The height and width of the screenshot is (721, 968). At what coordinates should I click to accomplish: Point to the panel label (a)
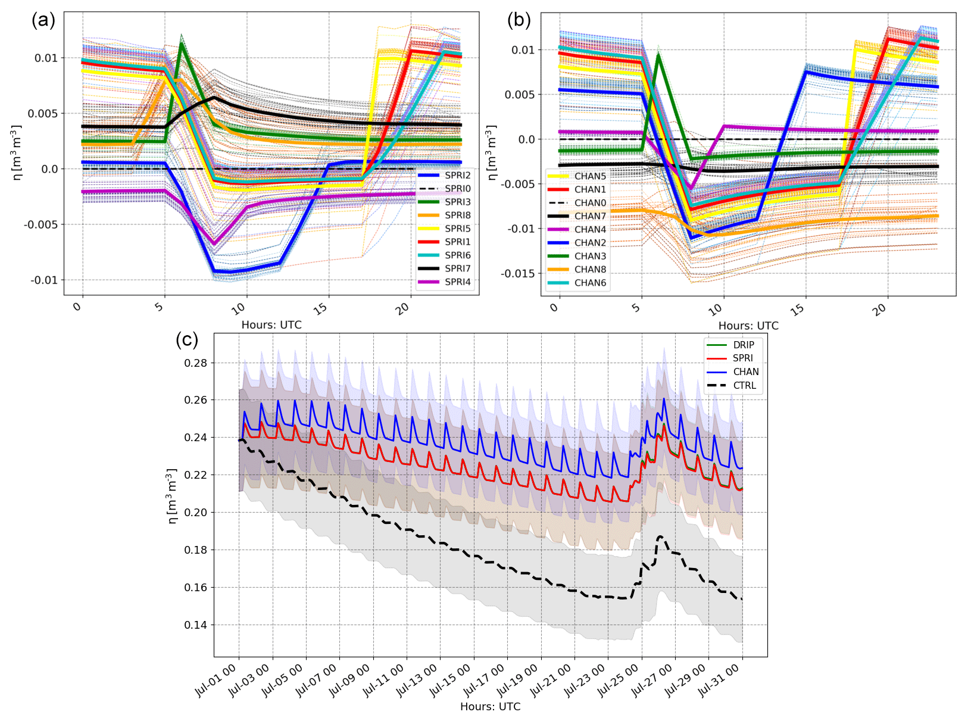coord(43,20)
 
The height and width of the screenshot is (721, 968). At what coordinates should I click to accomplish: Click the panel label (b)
coord(519,20)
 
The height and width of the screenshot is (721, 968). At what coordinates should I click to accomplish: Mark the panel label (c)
coord(187,340)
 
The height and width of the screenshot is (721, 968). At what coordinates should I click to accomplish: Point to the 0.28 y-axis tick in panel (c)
coord(195,363)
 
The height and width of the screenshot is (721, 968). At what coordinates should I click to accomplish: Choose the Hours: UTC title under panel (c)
coord(490,707)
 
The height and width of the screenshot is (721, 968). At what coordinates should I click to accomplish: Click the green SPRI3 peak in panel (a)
coord(182,43)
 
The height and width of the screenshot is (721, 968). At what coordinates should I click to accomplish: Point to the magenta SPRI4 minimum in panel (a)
coord(215,244)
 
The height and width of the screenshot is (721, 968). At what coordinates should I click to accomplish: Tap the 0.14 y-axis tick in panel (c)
coord(195,625)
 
